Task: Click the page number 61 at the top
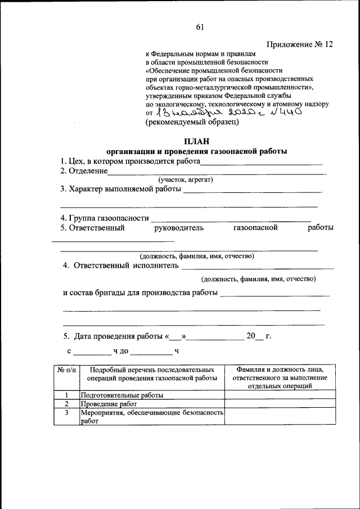(200, 27)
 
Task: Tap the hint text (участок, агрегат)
(185, 179)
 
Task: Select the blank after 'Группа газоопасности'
(231, 218)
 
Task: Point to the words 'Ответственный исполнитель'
(126, 265)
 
